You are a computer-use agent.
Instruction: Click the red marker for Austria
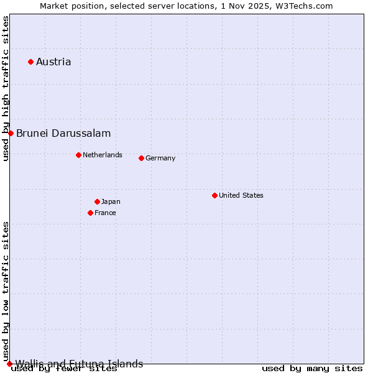coord(30,62)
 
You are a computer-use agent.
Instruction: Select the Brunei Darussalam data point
coord(11,133)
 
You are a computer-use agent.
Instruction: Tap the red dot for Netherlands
coord(78,155)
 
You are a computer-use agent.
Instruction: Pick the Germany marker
coord(141,158)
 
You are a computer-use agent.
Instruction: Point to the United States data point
coord(214,195)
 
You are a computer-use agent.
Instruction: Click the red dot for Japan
coord(97,201)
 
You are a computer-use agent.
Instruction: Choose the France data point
coord(90,213)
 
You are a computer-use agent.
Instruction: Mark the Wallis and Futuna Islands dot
coord(9,364)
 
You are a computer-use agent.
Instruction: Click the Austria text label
coord(53,62)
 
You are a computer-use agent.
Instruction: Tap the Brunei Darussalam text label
coord(63,133)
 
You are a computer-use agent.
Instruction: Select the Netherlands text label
coord(103,155)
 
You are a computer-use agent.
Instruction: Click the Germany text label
coord(160,158)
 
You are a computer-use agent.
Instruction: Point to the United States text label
coord(241,195)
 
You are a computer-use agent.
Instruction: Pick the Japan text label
coord(111,201)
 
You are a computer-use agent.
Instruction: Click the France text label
coord(105,213)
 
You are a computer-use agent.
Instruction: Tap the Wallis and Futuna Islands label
coord(79,364)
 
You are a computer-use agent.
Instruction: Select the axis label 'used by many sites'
coord(312,369)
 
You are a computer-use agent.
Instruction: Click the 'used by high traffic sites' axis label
coord(6,88)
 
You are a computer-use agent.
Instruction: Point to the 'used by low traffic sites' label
coord(6,291)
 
